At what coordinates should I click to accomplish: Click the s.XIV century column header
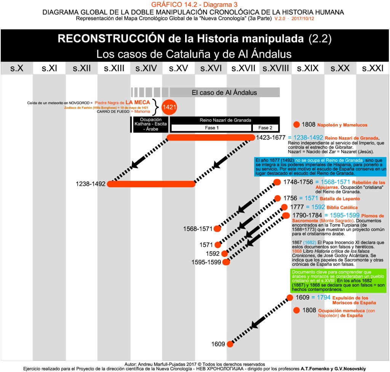point(146,69)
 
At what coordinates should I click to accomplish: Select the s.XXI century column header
point(372,69)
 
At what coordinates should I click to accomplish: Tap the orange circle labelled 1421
point(169,107)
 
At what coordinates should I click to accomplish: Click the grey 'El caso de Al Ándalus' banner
point(224,93)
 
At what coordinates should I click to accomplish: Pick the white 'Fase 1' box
point(211,128)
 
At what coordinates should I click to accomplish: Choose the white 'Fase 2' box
point(265,128)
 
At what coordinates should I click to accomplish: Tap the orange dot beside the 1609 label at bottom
point(230,344)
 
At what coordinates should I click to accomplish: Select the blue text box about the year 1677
point(321,166)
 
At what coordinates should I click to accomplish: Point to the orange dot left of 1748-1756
point(277,182)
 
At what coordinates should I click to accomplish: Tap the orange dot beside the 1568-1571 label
point(217,229)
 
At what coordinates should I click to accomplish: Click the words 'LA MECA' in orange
point(137,102)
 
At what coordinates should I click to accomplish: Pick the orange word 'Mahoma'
point(143,112)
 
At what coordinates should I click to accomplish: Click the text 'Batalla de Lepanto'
point(339,199)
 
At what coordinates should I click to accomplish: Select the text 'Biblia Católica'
point(342,208)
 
